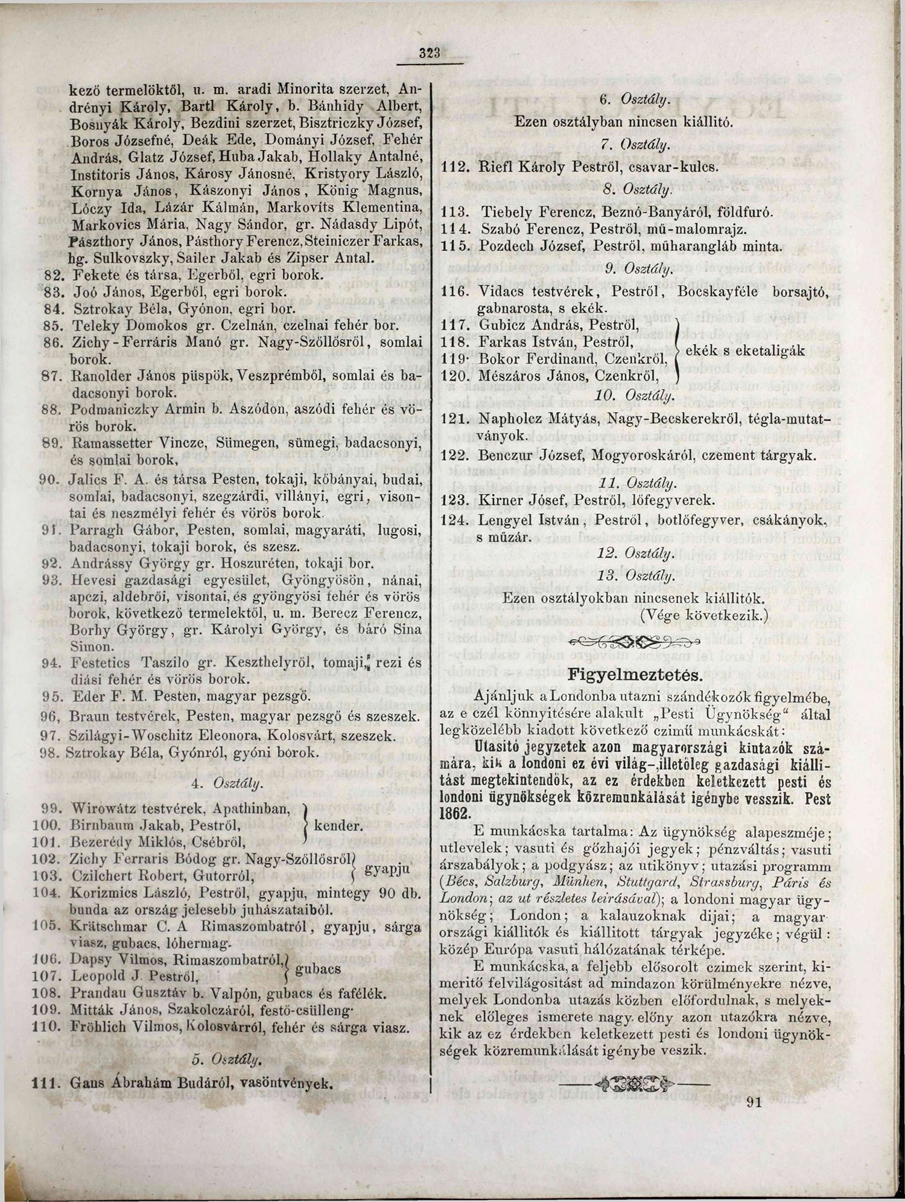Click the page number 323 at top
tap(432, 52)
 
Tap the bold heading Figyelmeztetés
tap(627, 673)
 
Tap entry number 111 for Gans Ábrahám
tap(46, 1083)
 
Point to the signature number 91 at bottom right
tap(754, 1102)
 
